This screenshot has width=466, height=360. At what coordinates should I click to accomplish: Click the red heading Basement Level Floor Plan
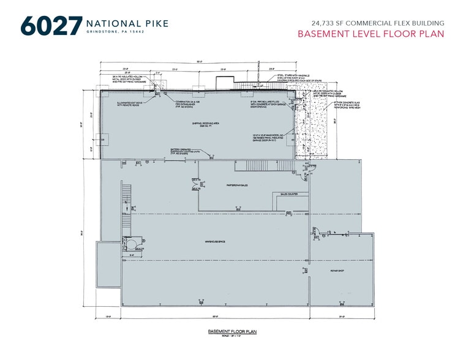click(x=370, y=34)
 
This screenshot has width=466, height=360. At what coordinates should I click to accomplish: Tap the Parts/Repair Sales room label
click(x=237, y=184)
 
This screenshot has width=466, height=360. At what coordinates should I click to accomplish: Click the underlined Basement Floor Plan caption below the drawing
click(x=231, y=331)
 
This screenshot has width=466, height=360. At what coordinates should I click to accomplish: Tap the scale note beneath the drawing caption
click(x=231, y=336)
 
